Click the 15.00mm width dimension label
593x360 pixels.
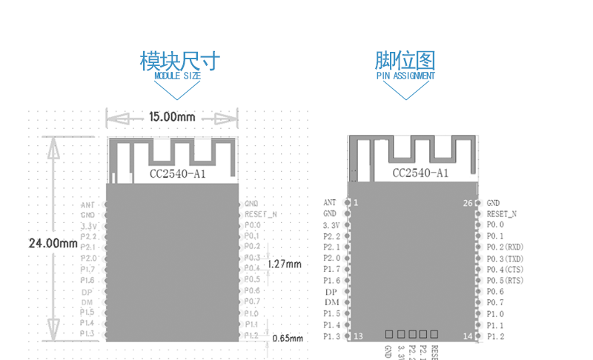[171, 117]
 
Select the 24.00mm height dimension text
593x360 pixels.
[53, 244]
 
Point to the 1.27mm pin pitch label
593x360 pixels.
[285, 264]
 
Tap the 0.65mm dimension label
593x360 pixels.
[288, 339]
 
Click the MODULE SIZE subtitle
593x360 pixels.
[177, 76]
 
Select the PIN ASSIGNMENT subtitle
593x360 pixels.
[405, 76]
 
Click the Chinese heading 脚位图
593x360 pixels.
[405, 59]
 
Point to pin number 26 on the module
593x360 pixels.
[467, 202]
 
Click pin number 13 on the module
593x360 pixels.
[358, 336]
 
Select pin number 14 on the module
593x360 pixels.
[467, 336]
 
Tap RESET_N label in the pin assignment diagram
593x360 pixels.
[502, 213]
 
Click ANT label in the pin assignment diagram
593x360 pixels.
[330, 202]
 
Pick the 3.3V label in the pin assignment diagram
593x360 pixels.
[331, 224]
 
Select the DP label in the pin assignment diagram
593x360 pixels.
[331, 292]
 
